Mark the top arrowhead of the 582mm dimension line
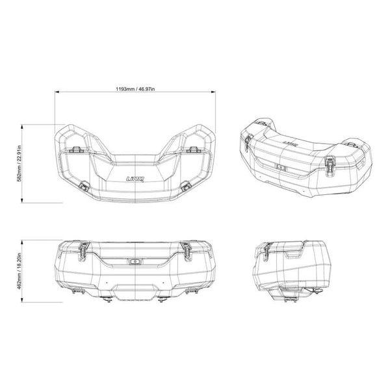(25, 125)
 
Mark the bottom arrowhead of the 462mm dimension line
(25, 301)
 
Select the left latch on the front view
(83, 248)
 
